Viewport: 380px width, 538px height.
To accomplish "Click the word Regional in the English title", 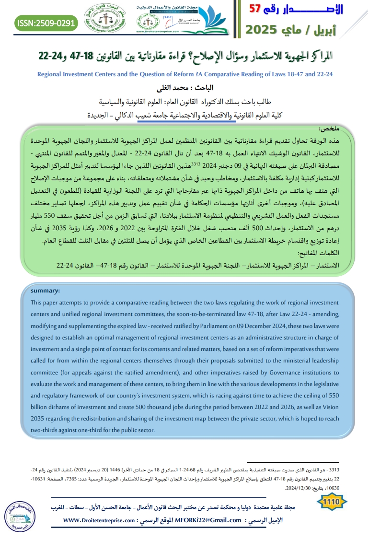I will pyautogui.click(x=51, y=74).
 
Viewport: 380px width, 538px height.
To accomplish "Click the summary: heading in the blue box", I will pyautogui.click(x=46, y=291).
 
